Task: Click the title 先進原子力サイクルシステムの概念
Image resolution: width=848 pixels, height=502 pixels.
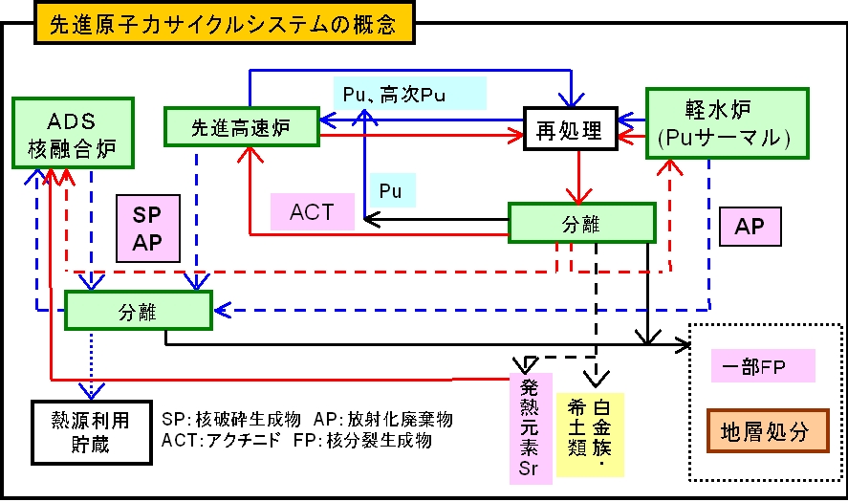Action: pos(224,22)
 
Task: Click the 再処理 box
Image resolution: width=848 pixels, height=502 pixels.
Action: pos(570,130)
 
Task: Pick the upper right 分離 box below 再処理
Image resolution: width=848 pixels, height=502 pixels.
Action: pos(581,223)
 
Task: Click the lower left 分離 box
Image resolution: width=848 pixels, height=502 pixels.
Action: pos(138,312)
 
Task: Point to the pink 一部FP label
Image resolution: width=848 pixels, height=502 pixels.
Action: pos(763,365)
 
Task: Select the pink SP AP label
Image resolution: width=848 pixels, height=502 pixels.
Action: pos(147,229)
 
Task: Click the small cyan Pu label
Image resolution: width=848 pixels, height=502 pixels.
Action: pos(391,190)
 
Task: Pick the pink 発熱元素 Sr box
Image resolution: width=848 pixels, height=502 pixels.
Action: pos(530,426)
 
